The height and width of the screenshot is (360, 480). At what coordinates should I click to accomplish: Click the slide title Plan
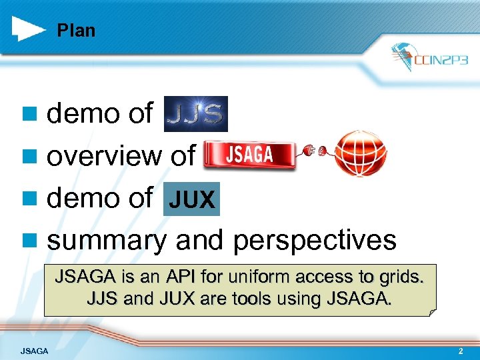point(76,31)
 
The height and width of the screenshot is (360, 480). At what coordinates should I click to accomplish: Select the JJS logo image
point(195,114)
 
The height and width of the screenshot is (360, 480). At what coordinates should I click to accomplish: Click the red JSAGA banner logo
point(249,155)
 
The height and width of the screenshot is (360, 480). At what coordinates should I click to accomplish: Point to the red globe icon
point(359,153)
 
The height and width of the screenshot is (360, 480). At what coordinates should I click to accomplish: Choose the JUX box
point(191,200)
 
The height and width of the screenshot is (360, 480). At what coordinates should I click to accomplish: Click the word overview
point(105,156)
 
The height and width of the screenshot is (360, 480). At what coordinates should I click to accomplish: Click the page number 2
point(460,351)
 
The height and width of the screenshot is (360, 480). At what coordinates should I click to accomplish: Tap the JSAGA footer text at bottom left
point(34,351)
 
